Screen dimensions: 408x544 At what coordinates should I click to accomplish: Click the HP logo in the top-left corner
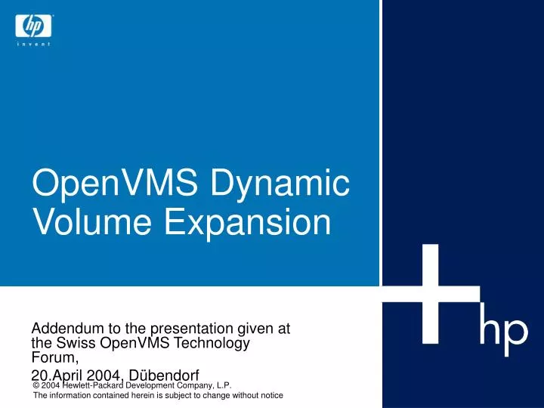pyautogui.click(x=32, y=26)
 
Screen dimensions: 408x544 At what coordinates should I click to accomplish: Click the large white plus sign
pyautogui.click(x=430, y=294)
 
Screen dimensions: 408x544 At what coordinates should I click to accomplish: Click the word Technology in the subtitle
pyautogui.click(x=213, y=343)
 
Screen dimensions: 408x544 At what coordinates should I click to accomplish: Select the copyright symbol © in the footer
pyautogui.click(x=38, y=386)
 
